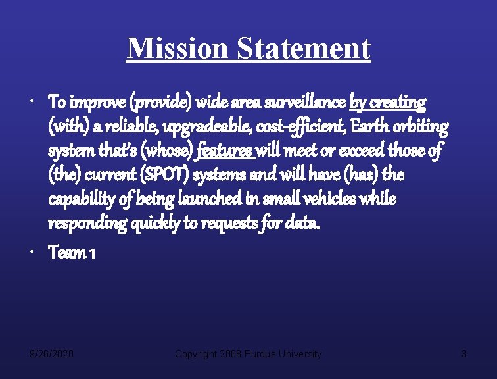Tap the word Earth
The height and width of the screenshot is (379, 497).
pos(366,126)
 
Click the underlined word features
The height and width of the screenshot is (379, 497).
pos(225,151)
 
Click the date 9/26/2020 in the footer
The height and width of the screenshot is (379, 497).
pos(52,354)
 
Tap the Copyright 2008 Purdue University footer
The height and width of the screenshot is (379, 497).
pos(248,354)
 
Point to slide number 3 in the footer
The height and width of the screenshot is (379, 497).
pos(463,354)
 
